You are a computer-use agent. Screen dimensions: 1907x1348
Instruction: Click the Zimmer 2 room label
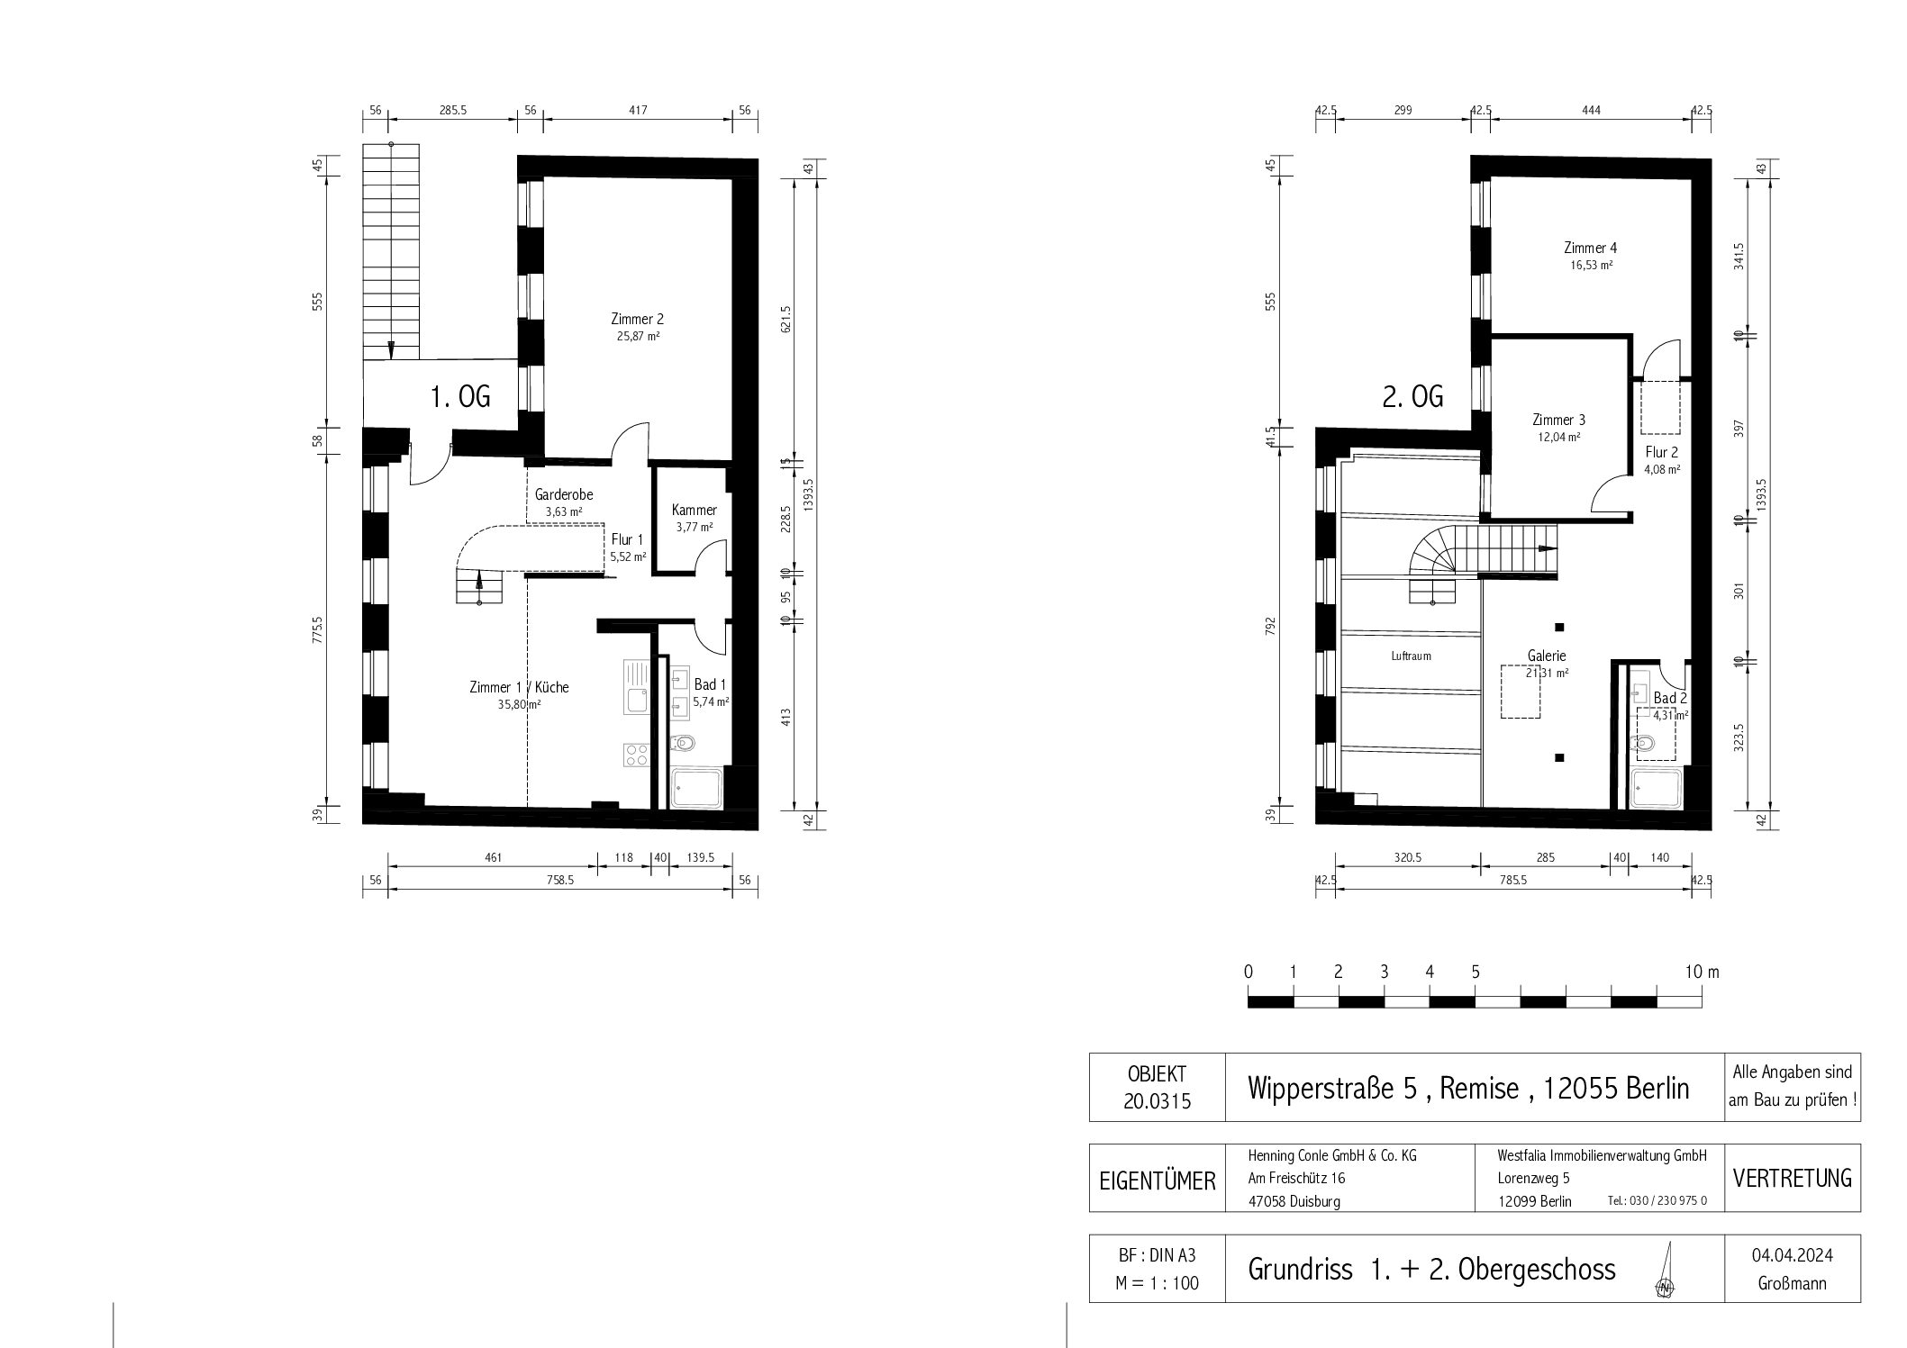tap(637, 319)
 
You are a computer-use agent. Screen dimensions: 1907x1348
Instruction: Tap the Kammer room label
tap(695, 511)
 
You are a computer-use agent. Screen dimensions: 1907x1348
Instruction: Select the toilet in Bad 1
tap(684, 744)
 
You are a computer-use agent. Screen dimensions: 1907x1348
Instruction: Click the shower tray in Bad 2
tap(1656, 788)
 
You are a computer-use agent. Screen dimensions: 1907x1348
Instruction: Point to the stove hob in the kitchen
tap(636, 755)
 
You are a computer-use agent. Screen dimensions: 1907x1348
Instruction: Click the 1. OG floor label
tap(460, 396)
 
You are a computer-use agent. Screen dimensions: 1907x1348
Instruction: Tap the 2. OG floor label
tap(1413, 396)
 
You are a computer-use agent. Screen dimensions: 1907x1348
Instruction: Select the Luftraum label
tap(1411, 656)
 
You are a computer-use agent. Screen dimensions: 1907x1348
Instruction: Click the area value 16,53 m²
tap(1591, 266)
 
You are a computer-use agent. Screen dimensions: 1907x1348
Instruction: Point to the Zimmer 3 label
tap(1558, 420)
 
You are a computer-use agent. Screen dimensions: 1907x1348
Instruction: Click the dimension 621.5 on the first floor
tap(785, 319)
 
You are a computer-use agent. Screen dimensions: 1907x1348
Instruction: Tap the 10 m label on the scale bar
tap(1702, 973)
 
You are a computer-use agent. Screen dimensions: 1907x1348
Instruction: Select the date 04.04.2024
tap(1792, 1255)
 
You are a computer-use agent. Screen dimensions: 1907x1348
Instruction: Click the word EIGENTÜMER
tap(1158, 1180)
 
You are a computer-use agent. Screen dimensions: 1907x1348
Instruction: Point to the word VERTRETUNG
tap(1792, 1178)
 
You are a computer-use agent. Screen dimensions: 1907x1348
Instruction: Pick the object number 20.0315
tap(1158, 1102)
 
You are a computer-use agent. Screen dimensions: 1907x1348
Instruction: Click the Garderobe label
tap(564, 494)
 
